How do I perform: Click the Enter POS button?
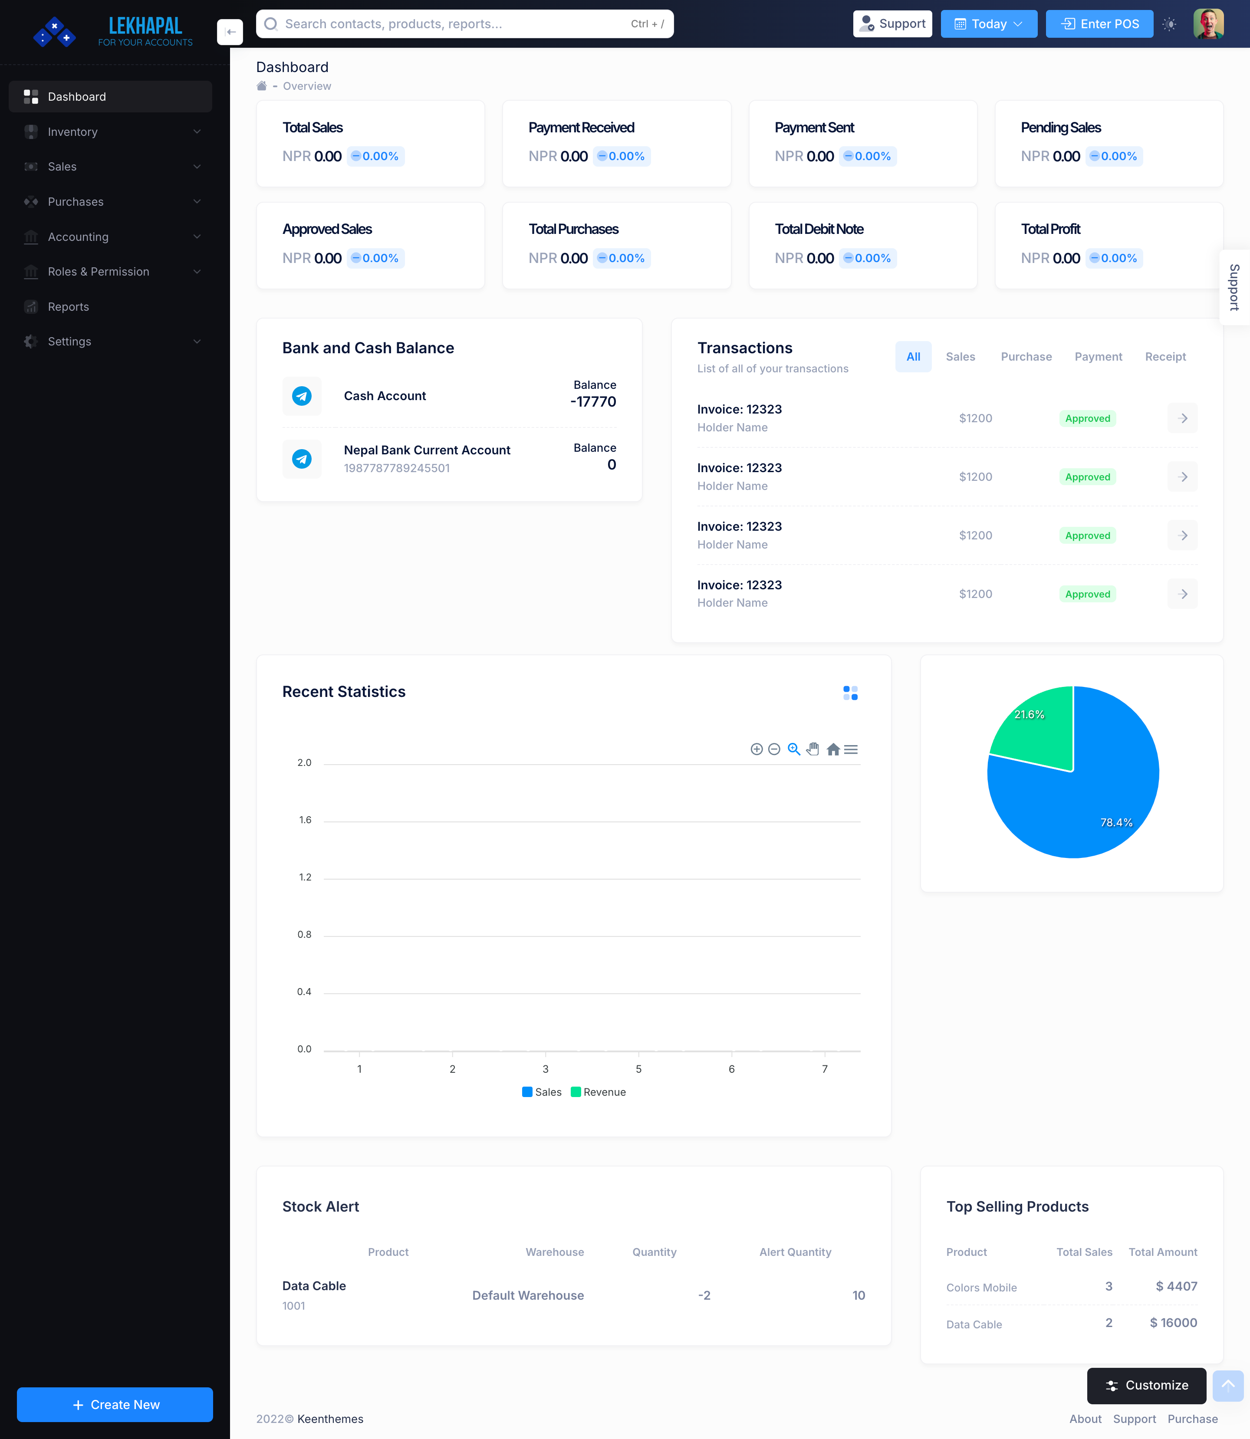pyautogui.click(x=1099, y=24)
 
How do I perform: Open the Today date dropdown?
pyautogui.click(x=988, y=24)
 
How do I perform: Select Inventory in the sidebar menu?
pyautogui.click(x=72, y=132)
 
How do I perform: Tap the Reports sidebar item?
pyautogui.click(x=69, y=307)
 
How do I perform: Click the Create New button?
pyautogui.click(x=115, y=1404)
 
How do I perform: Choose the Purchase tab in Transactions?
pyautogui.click(x=1026, y=356)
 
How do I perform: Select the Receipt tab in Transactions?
pyautogui.click(x=1165, y=356)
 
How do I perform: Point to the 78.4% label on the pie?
pyautogui.click(x=1116, y=822)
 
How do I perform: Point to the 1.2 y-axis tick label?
pyautogui.click(x=305, y=877)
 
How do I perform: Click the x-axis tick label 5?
pyautogui.click(x=638, y=1069)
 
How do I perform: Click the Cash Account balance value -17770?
pyautogui.click(x=593, y=402)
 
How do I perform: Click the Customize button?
pyautogui.click(x=1146, y=1385)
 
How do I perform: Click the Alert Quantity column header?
pyautogui.click(x=795, y=1252)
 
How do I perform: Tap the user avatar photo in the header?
pyautogui.click(x=1208, y=24)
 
